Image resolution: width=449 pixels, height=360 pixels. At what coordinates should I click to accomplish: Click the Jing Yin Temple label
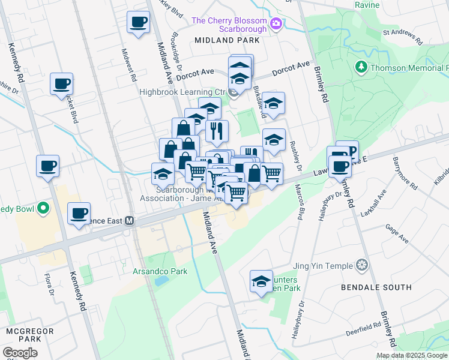point(322,265)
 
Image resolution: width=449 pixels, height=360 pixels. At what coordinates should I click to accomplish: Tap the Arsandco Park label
point(160,271)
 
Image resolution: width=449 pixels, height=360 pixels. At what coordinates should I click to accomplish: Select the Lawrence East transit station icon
point(128,221)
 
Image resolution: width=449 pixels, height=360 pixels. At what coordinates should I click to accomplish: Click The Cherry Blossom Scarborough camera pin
point(276,23)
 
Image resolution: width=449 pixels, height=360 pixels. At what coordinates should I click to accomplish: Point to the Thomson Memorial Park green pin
point(361,66)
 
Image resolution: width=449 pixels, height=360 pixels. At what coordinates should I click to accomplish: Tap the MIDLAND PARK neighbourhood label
point(227,40)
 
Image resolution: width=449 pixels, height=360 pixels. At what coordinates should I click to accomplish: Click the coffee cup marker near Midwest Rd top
point(138,23)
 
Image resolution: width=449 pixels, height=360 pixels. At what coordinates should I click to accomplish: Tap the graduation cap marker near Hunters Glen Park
point(261,281)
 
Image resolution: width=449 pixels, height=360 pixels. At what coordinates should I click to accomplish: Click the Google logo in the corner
point(20,353)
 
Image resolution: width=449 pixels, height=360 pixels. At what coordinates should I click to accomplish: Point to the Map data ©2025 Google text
point(412,355)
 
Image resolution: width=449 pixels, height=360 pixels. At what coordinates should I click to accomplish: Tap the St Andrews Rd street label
point(403,37)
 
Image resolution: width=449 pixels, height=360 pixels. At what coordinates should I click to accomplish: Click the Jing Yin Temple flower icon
point(362,265)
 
